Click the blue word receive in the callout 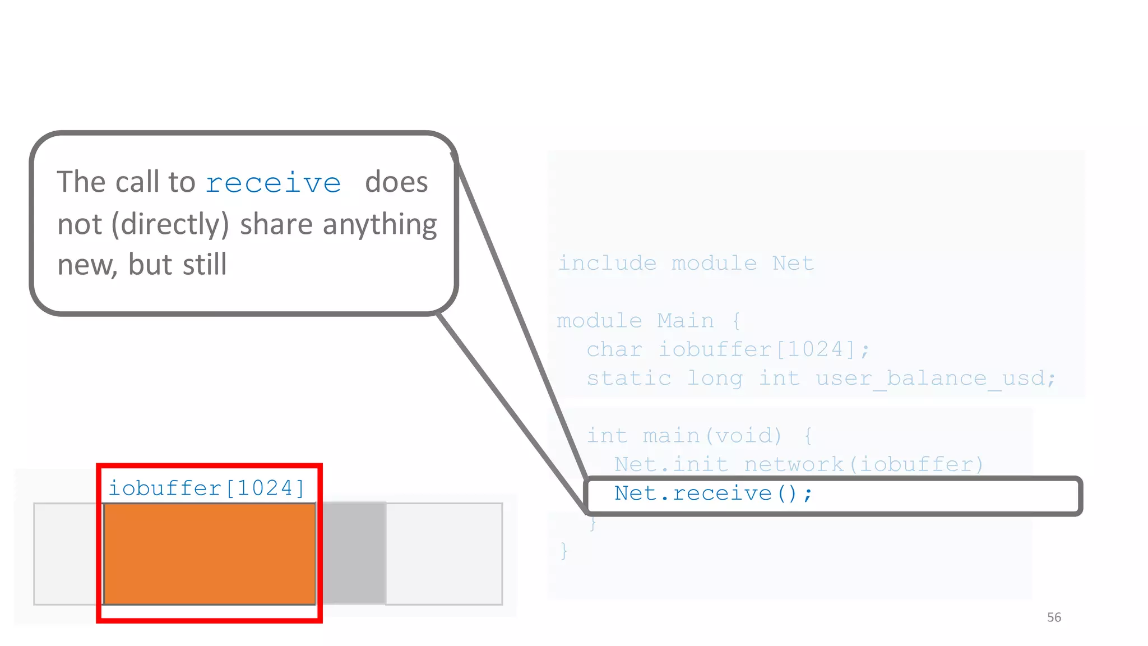273,183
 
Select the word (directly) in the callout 170,224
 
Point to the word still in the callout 205,265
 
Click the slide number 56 1054,617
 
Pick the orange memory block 210,553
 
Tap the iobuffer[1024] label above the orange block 206,488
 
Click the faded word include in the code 607,263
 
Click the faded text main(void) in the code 712,436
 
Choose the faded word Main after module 686,321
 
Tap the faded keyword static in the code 629,379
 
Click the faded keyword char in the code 614,349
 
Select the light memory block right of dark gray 444,553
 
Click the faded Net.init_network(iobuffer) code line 799,464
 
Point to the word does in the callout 396,182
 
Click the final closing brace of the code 564,551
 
